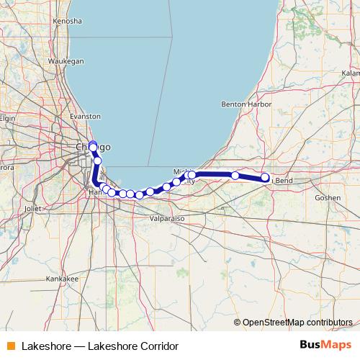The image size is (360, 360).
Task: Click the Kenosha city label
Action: (x=68, y=22)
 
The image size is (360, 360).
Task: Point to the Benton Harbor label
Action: (x=247, y=104)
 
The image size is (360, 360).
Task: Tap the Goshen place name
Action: (x=328, y=197)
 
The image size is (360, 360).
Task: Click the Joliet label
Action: (x=33, y=207)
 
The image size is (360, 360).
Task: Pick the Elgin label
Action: (x=7, y=117)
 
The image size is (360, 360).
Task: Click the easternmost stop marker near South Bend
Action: (x=265, y=177)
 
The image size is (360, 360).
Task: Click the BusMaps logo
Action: (x=325, y=346)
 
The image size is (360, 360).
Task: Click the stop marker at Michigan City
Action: (x=192, y=175)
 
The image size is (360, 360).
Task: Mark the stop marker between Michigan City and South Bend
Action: (x=235, y=176)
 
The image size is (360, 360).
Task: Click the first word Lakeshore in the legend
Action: (x=47, y=346)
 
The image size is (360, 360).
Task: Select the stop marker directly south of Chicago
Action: (x=98, y=161)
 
